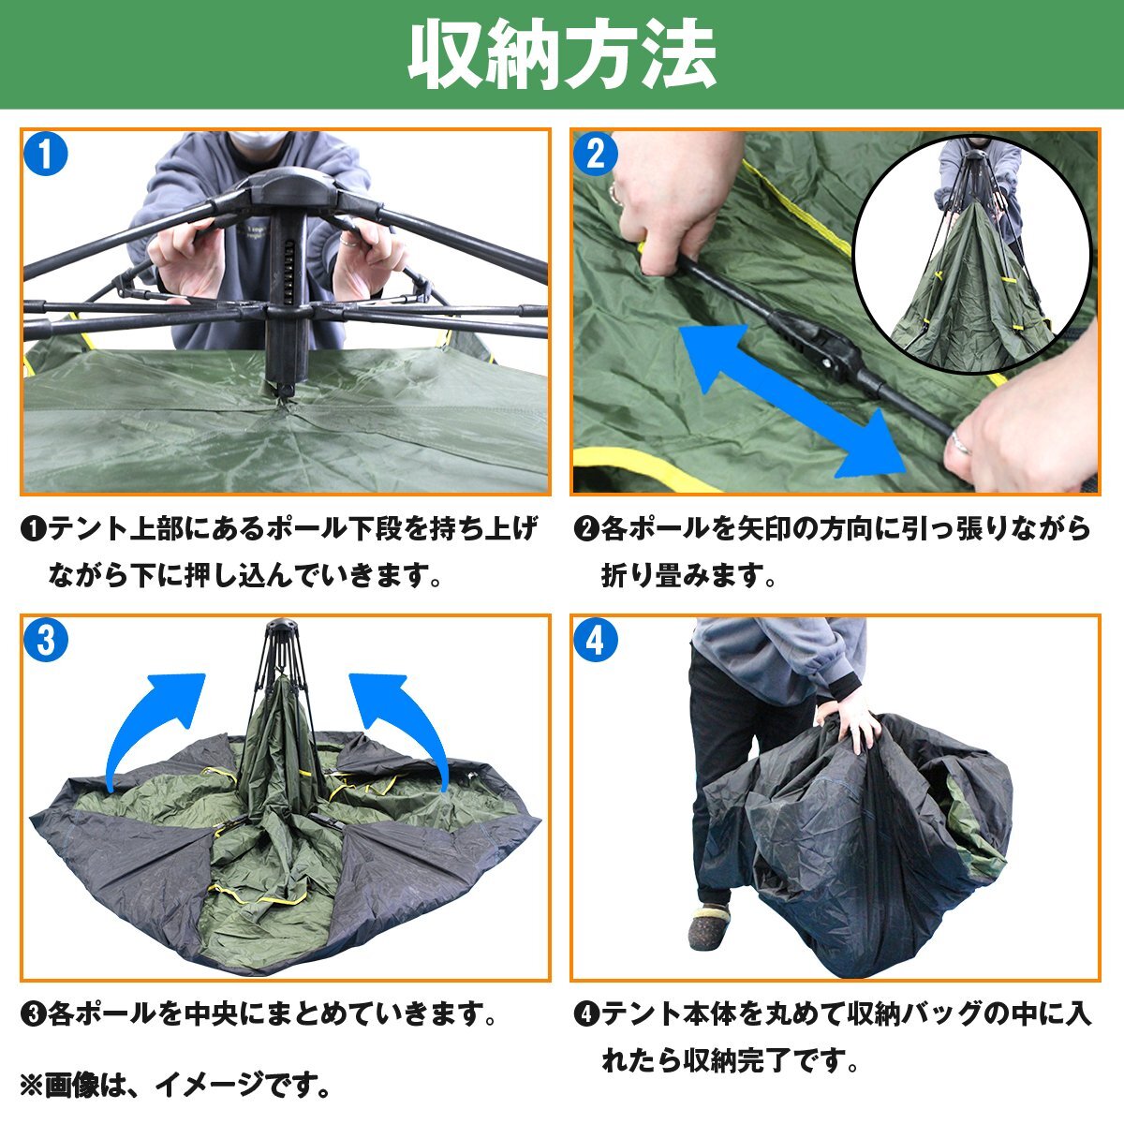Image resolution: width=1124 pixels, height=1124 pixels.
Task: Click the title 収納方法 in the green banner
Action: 562,54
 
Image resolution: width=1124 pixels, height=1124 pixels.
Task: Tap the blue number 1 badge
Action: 46,154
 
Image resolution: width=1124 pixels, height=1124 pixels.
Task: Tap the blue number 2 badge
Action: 596,154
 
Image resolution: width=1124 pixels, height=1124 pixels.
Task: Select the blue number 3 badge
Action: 46,641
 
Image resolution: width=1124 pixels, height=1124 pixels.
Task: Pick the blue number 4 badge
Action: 596,641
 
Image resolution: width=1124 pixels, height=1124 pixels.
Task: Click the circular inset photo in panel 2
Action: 971,255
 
